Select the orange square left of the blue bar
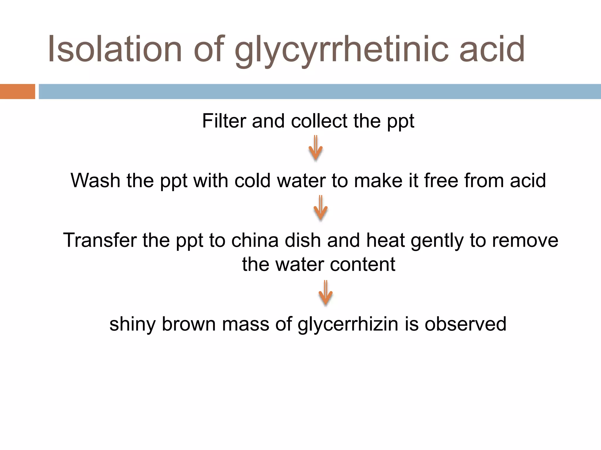pyautogui.click(x=17, y=91)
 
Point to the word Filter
pyautogui.click(x=224, y=121)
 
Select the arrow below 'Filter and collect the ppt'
pyautogui.click(x=315, y=149)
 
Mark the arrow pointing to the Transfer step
pyautogui.click(x=320, y=208)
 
